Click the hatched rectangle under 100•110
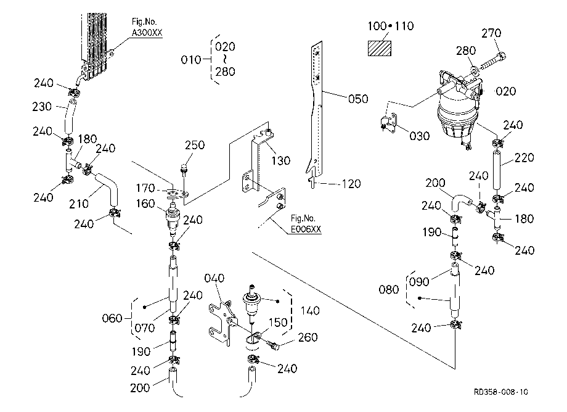coord(379,49)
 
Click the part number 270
coord(491,33)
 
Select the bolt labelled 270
coord(492,61)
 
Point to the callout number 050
coord(358,99)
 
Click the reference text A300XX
coord(147,33)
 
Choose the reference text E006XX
coord(306,229)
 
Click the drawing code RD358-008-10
coord(501,392)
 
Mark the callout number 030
coord(420,136)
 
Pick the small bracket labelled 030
coord(389,122)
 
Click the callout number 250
coord(195,145)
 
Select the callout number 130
coord(280,160)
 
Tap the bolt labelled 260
coord(272,344)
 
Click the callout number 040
coord(214,278)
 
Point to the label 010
coord(190,60)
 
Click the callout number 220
coord(524,158)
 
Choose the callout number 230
coord(42,107)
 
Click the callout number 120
coord(351,184)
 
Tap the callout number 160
coord(145,204)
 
